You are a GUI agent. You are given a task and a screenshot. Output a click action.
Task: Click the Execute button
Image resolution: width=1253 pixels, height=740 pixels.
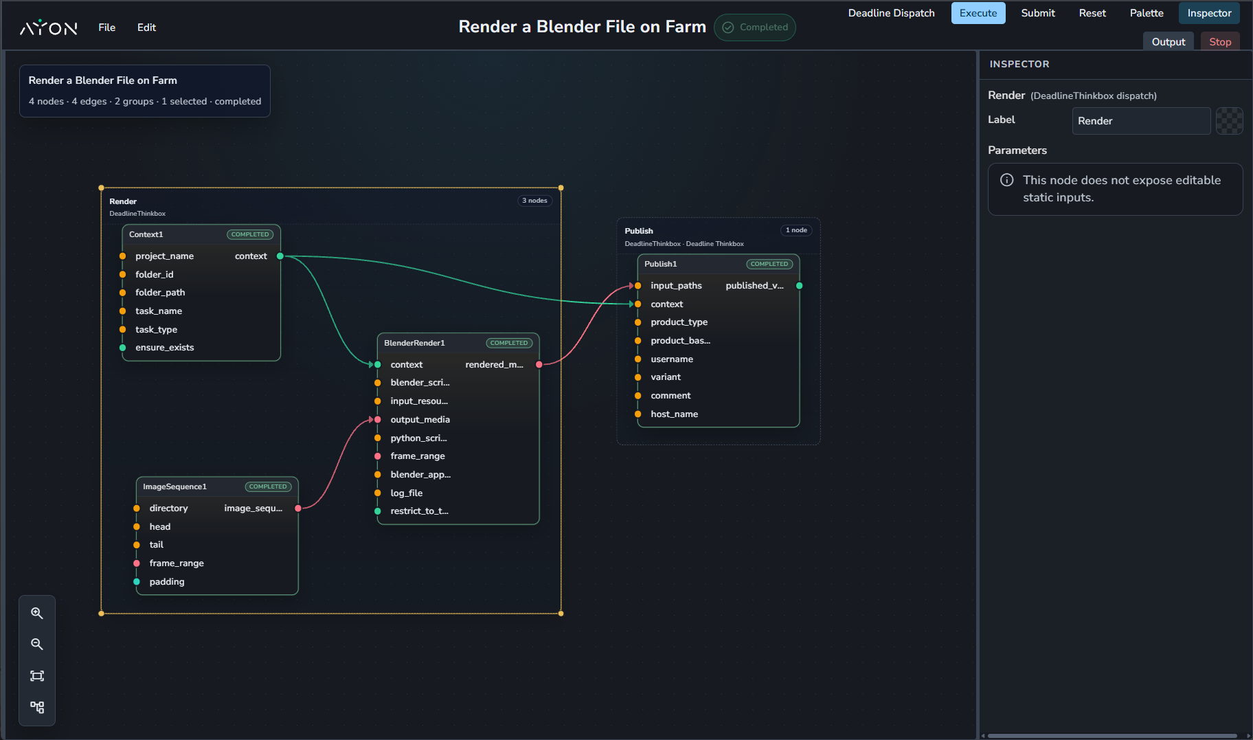[x=978, y=13]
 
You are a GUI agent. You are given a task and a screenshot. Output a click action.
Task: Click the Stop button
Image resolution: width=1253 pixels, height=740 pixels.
[x=1220, y=42]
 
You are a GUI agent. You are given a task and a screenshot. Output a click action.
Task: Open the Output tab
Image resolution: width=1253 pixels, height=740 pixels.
[x=1169, y=42]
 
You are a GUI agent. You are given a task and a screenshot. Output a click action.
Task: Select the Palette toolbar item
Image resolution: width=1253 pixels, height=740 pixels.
[x=1147, y=13]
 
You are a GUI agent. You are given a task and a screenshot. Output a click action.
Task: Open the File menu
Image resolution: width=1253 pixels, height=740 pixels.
[x=106, y=27]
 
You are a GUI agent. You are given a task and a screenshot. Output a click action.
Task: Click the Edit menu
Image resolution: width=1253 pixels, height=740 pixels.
[x=146, y=27]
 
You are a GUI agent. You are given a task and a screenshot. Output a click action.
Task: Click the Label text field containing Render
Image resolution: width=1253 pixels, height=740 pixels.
[x=1141, y=121]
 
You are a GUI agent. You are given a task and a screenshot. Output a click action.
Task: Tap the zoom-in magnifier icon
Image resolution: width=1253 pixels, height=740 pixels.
[x=37, y=613]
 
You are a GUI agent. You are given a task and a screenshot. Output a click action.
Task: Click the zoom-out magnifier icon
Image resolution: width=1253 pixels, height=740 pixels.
[x=37, y=644]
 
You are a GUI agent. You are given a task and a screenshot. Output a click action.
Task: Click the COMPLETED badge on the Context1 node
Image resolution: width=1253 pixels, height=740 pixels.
[x=250, y=234]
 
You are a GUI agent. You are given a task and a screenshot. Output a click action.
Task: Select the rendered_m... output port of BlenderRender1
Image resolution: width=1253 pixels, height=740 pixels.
[x=539, y=365]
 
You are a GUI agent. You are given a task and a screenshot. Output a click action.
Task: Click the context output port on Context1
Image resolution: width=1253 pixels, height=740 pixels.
[x=280, y=256]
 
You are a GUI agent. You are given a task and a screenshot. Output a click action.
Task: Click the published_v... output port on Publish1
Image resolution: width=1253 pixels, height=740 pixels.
[x=800, y=286]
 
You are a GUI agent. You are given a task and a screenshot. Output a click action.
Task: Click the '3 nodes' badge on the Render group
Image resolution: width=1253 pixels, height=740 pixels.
[x=534, y=201]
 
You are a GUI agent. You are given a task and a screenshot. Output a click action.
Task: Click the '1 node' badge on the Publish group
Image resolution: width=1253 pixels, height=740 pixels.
[x=796, y=230]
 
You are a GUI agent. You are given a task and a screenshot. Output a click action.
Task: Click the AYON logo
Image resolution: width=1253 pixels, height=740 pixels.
[x=48, y=27]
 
